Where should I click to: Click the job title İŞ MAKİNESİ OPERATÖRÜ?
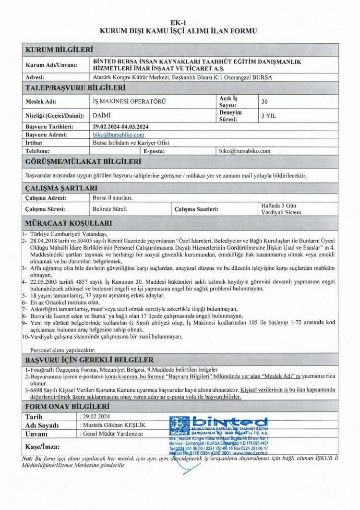122,102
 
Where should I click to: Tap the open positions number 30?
264,102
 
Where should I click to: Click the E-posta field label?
154,151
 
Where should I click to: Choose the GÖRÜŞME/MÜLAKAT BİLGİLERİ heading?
83,162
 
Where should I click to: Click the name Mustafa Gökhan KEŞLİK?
114,425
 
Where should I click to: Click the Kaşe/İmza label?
43,447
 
